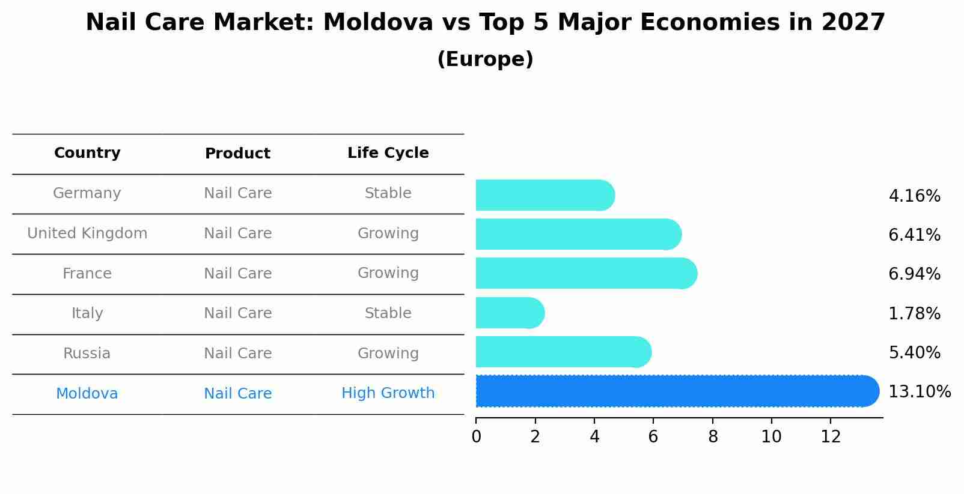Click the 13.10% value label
click(x=919, y=392)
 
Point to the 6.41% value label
click(x=914, y=235)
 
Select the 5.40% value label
click(x=914, y=353)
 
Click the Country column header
click(x=87, y=153)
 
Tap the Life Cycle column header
click(x=388, y=153)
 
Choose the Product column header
click(x=237, y=154)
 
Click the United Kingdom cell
click(x=87, y=233)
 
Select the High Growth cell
click(x=388, y=393)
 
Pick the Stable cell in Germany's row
click(x=388, y=193)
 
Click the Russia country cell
click(x=87, y=354)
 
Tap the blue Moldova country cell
click(x=87, y=394)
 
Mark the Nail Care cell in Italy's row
click(x=237, y=313)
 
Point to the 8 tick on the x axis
click(x=713, y=437)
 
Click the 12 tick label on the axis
click(x=831, y=437)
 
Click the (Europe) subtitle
click(x=485, y=59)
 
